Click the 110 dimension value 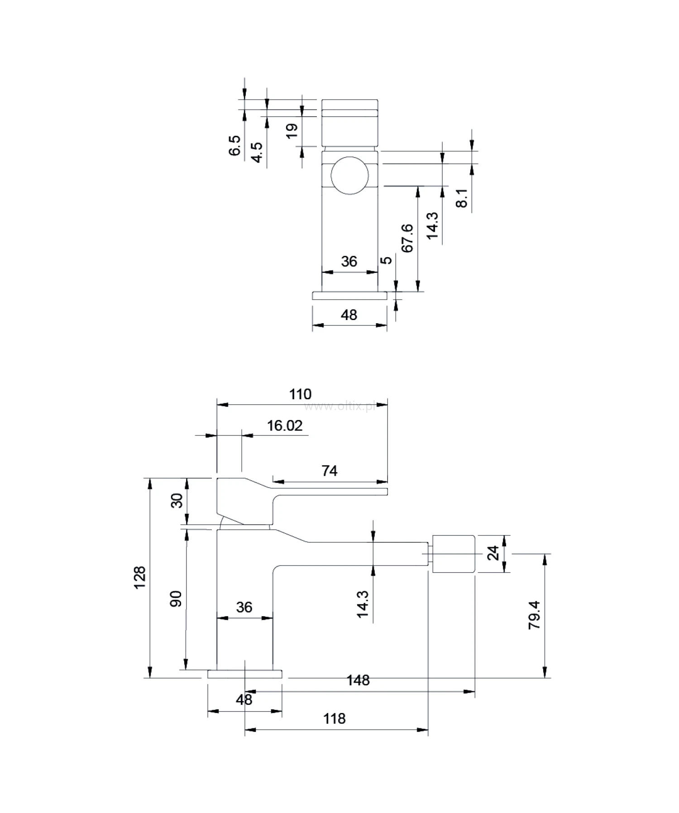point(301,394)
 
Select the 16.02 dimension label point(284,426)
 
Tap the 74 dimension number point(330,471)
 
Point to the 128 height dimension point(140,577)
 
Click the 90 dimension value point(177,598)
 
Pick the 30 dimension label point(177,500)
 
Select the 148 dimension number point(358,680)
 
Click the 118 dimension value point(335,718)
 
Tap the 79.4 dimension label point(535,615)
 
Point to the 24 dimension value point(493,553)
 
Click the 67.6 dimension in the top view point(407,238)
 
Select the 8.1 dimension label point(462,198)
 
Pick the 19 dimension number point(292,130)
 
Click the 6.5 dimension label point(235,145)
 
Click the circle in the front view point(349,176)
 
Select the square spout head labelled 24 point(454,554)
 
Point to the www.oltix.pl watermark point(339,407)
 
